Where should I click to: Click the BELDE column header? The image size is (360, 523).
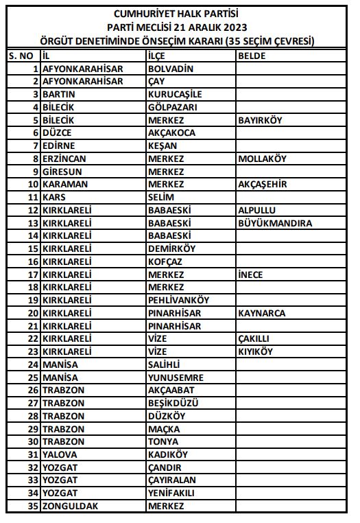tap(252, 56)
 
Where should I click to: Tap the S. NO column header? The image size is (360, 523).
tap(22, 56)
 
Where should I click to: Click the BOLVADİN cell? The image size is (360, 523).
tap(171, 69)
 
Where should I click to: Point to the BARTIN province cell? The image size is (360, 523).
tap(59, 94)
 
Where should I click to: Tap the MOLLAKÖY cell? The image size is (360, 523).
tap(263, 159)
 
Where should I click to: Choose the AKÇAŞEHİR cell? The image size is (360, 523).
tap(263, 184)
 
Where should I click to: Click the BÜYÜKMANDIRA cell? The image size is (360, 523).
tap(275, 223)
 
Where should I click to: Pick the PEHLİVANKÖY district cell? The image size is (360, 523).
tap(179, 300)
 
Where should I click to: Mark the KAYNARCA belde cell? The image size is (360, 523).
tap(261, 313)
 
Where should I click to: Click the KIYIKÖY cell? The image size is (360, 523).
tap(256, 351)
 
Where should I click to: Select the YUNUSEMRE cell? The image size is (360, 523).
tap(175, 377)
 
